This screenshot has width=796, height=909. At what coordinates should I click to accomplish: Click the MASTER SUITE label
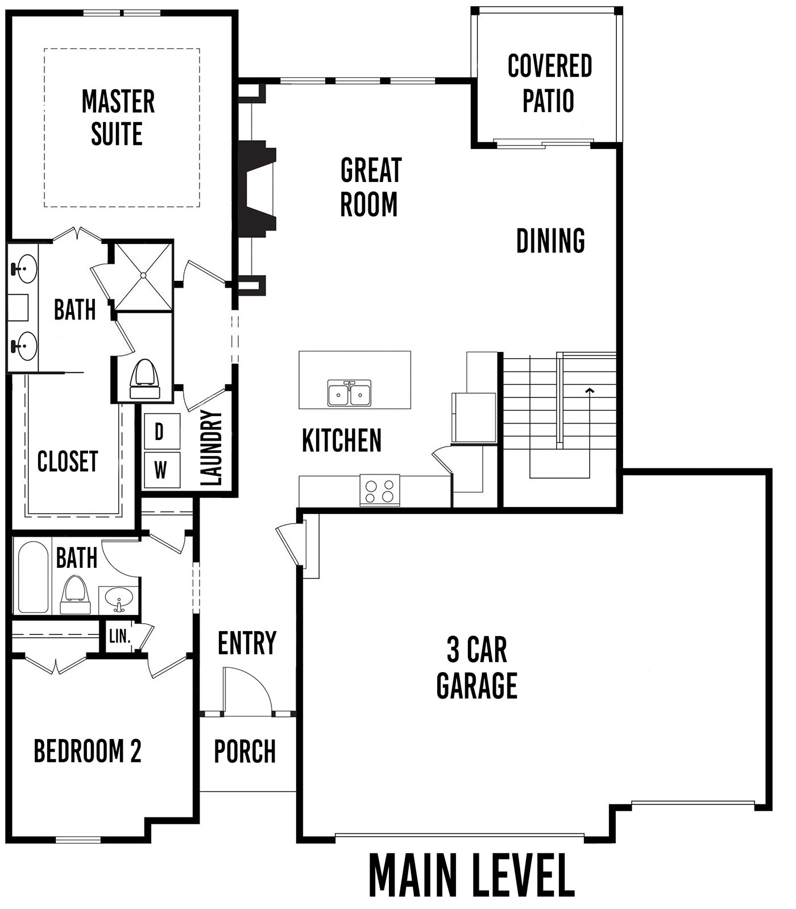click(x=118, y=118)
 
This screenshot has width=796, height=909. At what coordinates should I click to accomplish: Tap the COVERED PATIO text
click(x=549, y=84)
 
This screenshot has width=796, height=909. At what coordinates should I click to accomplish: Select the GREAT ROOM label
click(x=371, y=187)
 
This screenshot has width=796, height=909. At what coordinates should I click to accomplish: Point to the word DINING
click(x=550, y=240)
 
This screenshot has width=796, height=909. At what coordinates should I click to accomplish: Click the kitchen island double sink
click(x=349, y=393)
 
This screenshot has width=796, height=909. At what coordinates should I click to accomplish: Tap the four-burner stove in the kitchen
click(x=380, y=490)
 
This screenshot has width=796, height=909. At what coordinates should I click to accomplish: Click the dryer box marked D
click(x=161, y=431)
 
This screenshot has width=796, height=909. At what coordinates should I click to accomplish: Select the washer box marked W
click(x=161, y=470)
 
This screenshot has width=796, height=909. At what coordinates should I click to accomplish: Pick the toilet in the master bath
click(x=144, y=379)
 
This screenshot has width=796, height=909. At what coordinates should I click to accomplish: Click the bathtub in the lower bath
click(x=33, y=576)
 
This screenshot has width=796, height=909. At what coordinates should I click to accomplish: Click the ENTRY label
click(x=247, y=643)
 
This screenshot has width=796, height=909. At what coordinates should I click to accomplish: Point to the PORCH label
click(x=245, y=751)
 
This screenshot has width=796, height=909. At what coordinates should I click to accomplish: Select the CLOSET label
click(x=68, y=461)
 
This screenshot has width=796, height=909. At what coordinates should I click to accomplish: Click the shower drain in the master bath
click(x=143, y=276)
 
